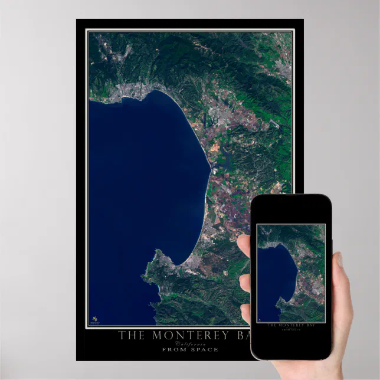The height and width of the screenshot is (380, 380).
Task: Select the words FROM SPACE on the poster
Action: (x=190, y=349)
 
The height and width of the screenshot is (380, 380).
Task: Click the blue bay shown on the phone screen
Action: (x=275, y=277)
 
